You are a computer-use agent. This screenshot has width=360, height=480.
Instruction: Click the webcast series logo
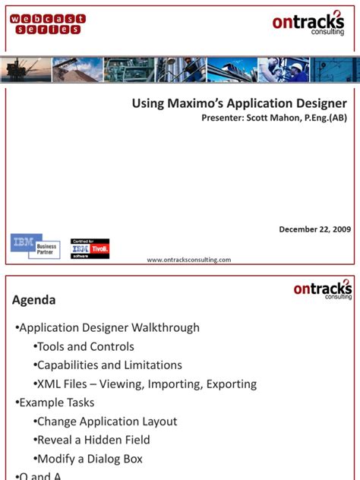click(x=48, y=24)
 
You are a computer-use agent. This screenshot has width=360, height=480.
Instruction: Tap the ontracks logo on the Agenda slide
click(x=323, y=289)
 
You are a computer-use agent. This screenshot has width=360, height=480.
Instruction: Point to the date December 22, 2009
click(x=314, y=229)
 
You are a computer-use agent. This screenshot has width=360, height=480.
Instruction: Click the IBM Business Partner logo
click(x=35, y=245)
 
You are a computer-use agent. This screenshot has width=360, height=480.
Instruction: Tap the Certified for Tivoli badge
click(x=90, y=248)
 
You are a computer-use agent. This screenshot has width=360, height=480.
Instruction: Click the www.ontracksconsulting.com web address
click(x=188, y=259)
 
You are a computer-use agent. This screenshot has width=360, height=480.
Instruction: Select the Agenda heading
click(x=33, y=300)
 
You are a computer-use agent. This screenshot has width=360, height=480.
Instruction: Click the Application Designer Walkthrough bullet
click(x=109, y=328)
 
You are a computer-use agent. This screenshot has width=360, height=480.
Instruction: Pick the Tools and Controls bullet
click(x=85, y=346)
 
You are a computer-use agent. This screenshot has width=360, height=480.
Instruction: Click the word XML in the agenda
click(x=49, y=384)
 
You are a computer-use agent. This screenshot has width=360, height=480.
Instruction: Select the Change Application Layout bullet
click(x=106, y=421)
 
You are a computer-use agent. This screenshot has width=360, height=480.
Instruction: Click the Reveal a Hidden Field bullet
click(x=93, y=440)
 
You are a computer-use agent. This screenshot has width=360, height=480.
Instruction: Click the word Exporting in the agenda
click(x=230, y=384)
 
